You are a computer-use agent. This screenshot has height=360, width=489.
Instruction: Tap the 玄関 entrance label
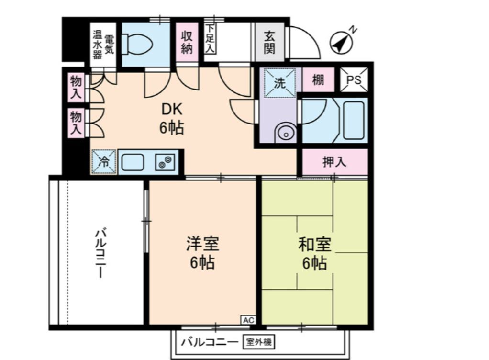(271, 42)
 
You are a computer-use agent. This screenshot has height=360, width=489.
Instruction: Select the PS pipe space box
(355, 79)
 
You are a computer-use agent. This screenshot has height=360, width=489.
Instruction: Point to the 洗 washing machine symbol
(279, 83)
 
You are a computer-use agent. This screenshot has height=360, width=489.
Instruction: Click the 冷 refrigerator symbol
(104, 162)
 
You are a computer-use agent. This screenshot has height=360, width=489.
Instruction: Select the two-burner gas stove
(166, 162)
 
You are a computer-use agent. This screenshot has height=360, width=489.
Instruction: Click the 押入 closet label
(334, 162)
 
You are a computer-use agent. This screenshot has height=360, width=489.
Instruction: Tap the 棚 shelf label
(318, 80)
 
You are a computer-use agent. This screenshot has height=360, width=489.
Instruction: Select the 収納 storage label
(187, 42)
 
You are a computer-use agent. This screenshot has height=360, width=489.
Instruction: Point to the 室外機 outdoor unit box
(261, 342)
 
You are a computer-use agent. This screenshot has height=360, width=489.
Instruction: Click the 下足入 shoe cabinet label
(210, 40)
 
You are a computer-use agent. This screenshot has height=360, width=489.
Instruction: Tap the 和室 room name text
(314, 245)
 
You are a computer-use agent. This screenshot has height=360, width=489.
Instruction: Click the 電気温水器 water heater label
(103, 45)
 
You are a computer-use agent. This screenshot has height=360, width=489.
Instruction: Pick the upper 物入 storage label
(76, 87)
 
